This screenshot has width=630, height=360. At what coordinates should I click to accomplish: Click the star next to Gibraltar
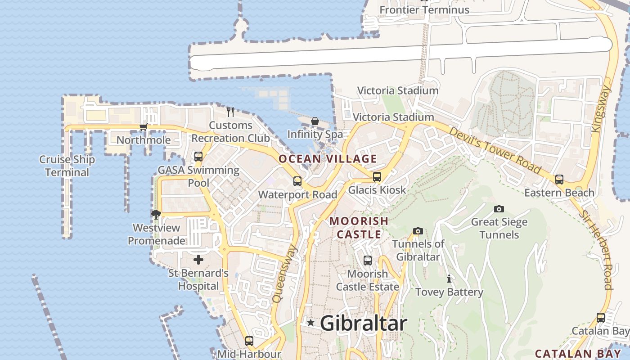(310, 323)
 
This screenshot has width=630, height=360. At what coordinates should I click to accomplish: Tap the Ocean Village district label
(328, 159)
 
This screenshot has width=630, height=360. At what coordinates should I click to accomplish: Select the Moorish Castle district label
(359, 228)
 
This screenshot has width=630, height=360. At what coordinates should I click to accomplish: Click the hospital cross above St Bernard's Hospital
(198, 260)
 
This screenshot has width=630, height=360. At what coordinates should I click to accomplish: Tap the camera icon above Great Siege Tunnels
(499, 209)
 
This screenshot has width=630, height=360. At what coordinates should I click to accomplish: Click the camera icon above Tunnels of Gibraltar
(418, 231)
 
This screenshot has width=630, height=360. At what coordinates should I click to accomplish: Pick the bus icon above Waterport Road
(297, 181)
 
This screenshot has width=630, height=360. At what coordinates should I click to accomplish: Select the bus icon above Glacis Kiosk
(377, 177)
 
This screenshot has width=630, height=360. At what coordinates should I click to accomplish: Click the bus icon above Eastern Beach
(559, 179)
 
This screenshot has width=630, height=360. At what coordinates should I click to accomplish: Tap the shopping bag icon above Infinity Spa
(315, 121)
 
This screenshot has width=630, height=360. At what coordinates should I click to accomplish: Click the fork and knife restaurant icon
(230, 111)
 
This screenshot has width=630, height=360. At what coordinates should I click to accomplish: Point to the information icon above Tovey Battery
(449, 279)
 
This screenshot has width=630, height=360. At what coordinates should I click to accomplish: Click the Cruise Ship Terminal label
(67, 166)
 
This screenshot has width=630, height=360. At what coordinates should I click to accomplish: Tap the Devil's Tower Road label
(494, 151)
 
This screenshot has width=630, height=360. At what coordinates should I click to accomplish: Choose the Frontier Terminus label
(424, 10)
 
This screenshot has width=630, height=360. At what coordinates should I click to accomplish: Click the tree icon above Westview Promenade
(156, 214)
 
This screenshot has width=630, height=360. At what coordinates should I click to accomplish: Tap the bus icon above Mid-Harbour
(249, 341)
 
